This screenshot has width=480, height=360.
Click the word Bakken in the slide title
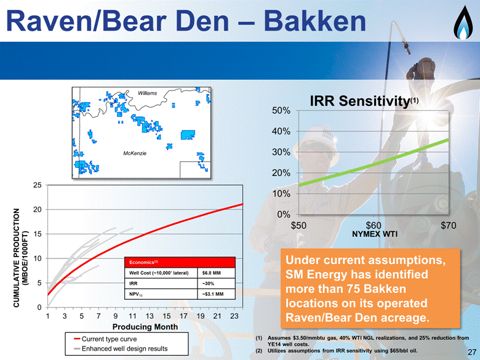(x=315, y=22)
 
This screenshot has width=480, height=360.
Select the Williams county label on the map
(x=147, y=93)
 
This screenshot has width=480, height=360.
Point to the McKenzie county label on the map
(x=135, y=153)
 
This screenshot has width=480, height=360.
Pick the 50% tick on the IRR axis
(x=281, y=111)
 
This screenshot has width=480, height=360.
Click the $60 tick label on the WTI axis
(x=374, y=226)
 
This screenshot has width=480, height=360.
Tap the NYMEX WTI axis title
(x=375, y=234)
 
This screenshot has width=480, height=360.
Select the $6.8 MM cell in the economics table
(x=212, y=273)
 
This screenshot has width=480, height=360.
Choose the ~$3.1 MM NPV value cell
(x=213, y=294)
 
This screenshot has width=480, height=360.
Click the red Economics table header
(x=180, y=262)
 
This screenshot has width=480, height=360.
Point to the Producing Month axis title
(x=145, y=327)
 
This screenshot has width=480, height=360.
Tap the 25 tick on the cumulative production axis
(x=38, y=185)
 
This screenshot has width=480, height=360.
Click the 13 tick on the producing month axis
(x=150, y=316)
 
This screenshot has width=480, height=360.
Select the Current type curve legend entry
(x=106, y=339)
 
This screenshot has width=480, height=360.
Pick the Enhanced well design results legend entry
(x=121, y=349)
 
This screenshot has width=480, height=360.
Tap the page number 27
(x=472, y=352)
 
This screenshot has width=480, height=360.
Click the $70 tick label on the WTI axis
(x=449, y=226)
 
